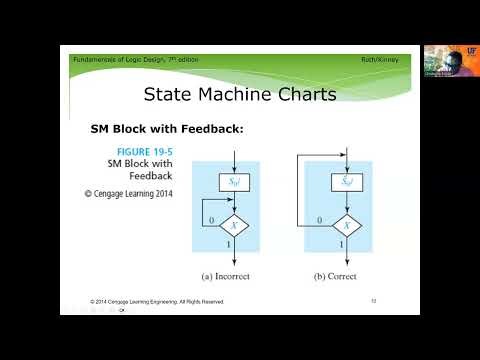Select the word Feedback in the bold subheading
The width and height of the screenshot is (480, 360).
click(x=208, y=129)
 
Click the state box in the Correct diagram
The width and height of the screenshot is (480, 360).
click(x=344, y=181)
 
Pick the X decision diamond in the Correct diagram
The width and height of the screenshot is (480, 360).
click(x=344, y=225)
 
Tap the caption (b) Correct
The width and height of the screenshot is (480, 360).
click(x=344, y=273)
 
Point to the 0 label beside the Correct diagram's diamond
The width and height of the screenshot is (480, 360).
click(x=318, y=219)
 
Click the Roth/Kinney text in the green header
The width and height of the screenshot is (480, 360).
click(x=383, y=60)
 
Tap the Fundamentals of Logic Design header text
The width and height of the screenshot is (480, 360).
click(x=135, y=60)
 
